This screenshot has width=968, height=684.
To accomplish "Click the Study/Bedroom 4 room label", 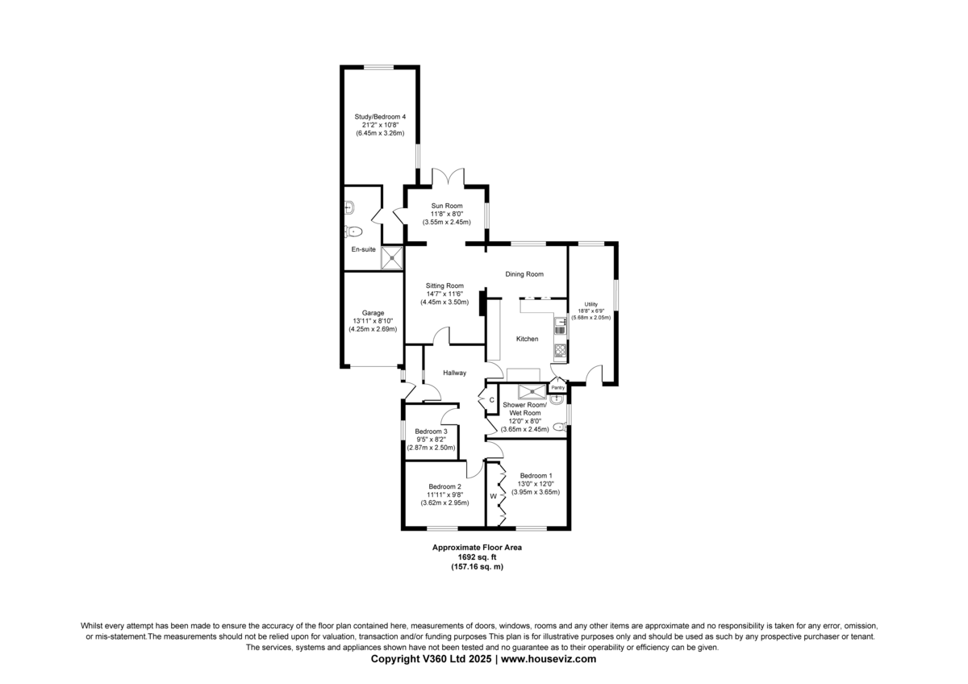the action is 380,117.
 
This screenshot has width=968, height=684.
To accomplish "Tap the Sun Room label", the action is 446,206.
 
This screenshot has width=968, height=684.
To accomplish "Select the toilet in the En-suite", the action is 353,232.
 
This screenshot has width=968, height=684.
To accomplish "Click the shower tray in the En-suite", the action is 391,258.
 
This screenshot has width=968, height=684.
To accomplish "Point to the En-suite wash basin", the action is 349,208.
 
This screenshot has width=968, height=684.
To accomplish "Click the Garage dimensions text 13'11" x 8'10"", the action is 373,321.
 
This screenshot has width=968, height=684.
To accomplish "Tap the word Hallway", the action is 454,373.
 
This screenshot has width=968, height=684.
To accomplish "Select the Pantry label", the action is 558,388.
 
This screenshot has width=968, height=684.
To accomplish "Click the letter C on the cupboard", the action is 491,400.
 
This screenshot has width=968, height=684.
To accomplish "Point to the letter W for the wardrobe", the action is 493,496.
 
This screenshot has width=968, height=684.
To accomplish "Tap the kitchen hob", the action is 560,352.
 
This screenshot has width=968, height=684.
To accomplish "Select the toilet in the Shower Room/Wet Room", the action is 560,427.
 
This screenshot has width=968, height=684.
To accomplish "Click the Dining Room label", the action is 524,274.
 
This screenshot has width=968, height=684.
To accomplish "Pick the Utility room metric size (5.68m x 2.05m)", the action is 590,317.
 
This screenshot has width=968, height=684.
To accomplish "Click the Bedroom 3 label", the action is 431,432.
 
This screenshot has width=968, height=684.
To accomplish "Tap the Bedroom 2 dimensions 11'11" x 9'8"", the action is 444,494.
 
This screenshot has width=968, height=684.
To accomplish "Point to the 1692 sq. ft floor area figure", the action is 477,557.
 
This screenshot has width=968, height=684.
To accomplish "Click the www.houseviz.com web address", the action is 549,659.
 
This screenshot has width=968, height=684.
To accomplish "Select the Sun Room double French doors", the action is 449,177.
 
